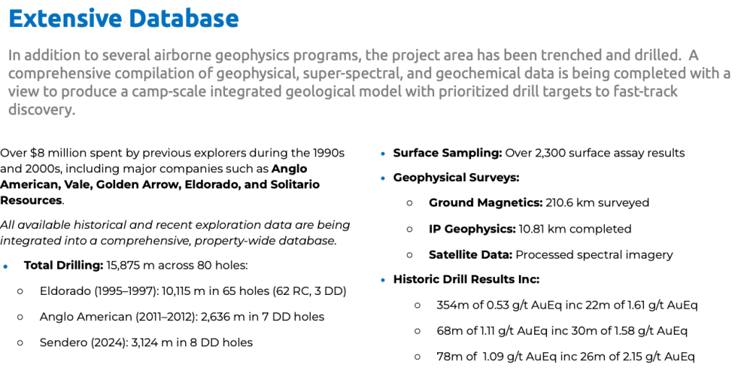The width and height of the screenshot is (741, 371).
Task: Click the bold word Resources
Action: (31, 200)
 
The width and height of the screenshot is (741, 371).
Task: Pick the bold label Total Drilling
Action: (64, 265)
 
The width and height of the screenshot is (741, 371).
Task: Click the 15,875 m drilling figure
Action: (131, 265)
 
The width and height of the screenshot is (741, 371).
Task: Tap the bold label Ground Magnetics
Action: (486, 203)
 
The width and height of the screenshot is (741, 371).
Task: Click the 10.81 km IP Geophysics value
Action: (541, 229)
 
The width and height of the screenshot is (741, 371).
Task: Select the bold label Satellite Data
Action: (470, 254)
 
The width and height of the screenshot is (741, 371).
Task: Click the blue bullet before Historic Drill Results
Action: (383, 280)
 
